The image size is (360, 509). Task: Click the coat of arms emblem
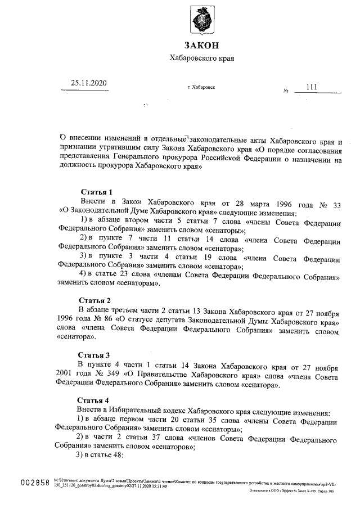point(202,21)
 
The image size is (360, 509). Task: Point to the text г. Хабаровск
point(201,88)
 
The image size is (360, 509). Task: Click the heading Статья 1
point(97,192)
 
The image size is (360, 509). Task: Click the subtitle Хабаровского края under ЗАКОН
point(201,58)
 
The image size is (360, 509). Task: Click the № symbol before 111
point(286,90)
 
